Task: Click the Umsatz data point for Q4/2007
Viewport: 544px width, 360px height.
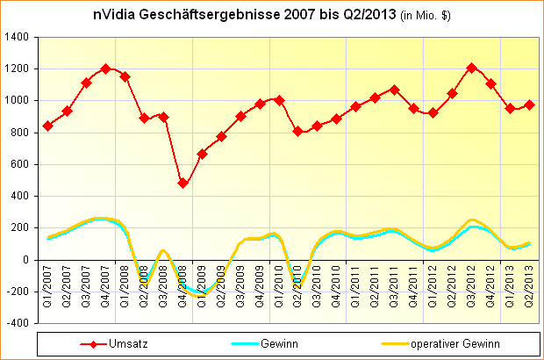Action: [105, 68]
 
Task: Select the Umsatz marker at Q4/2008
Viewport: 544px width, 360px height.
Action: [183, 183]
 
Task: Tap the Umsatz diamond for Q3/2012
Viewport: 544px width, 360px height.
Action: [471, 68]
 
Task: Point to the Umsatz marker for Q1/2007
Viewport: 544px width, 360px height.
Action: [47, 126]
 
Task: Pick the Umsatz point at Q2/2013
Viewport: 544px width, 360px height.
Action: [529, 105]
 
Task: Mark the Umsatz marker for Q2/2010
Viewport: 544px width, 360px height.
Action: [298, 131]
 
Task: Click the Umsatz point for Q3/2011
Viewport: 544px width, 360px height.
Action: [394, 90]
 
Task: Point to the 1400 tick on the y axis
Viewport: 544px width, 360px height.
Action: [15, 37]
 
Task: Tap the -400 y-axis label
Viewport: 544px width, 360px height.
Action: [17, 323]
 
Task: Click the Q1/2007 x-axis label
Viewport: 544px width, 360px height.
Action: [48, 283]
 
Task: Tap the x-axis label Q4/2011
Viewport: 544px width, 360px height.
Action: [413, 283]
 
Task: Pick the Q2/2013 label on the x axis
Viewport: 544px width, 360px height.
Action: [529, 283]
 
